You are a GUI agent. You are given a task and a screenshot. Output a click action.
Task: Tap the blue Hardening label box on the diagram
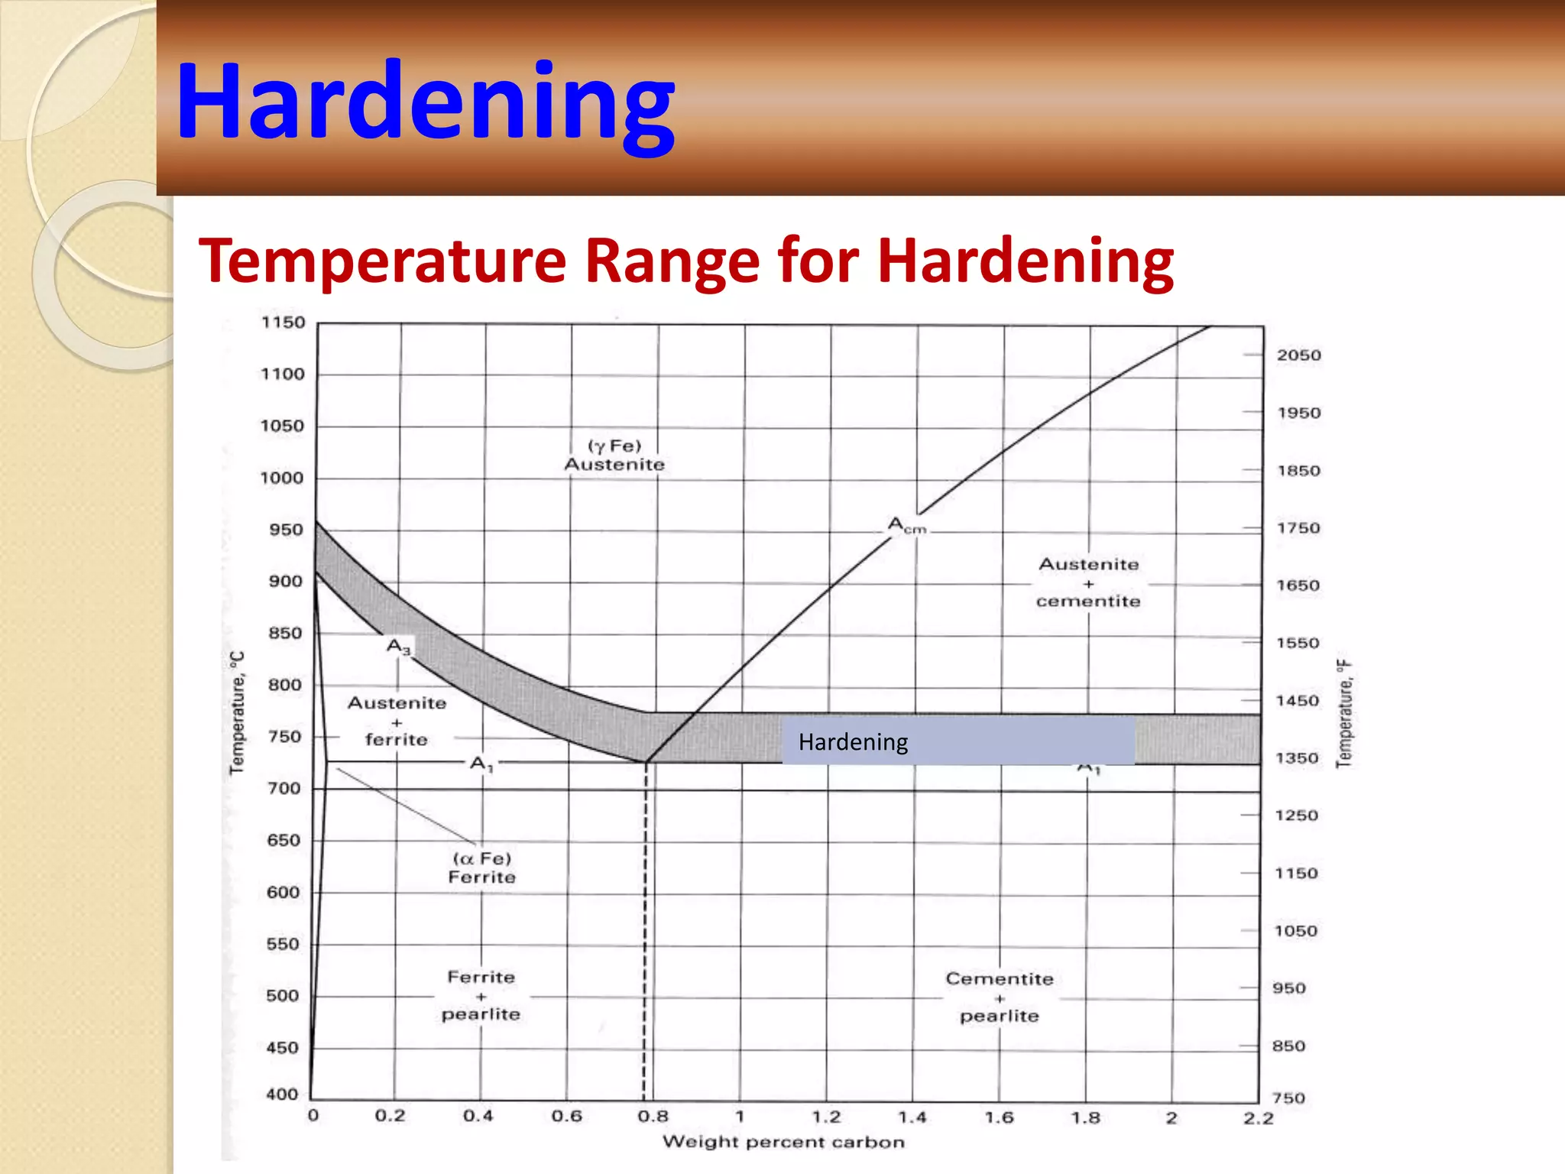957,741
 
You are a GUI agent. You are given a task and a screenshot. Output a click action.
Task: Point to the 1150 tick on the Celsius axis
283,323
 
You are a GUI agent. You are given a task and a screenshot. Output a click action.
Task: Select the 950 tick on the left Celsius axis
286,530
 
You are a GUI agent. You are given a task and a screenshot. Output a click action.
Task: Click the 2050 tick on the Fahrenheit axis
1298,355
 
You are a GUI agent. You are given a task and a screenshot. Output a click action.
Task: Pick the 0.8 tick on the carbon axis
653,1117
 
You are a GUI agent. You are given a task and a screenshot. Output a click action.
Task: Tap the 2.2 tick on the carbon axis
1258,1119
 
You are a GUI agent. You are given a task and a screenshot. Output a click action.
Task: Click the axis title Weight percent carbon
783,1142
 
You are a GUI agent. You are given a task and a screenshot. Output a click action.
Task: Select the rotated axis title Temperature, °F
1344,712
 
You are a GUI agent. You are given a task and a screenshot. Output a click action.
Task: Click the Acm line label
906,526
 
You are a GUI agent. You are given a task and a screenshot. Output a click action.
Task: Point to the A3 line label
398,647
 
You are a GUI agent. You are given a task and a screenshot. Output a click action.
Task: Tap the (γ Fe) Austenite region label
614,456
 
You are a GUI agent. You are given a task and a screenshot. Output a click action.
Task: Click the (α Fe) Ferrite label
481,868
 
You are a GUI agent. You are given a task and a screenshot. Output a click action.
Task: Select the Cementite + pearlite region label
1000,997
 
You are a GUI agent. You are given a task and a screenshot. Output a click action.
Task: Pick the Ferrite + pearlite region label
481,995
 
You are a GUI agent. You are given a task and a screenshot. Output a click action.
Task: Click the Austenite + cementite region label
1088,582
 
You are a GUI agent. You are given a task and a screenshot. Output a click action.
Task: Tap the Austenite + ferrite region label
397,721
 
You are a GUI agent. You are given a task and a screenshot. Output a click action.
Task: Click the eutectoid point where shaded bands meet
646,761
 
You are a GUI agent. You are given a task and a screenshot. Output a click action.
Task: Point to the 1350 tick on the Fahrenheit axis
1297,758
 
